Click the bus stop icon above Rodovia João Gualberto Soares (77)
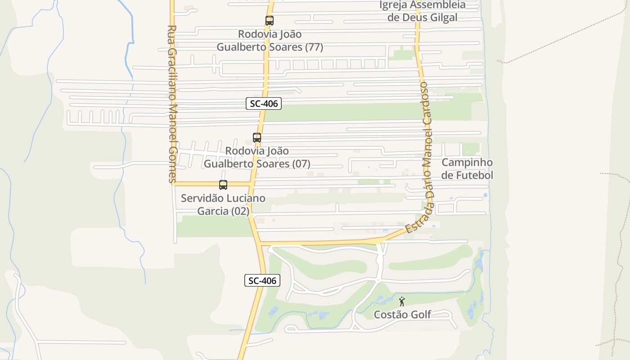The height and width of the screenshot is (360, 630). (x=269, y=21)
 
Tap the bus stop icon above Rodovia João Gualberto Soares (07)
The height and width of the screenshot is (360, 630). (x=257, y=138)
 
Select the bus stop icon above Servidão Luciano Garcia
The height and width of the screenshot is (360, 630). (x=223, y=184)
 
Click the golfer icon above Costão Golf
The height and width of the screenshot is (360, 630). (x=402, y=301)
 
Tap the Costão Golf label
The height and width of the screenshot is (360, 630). (x=403, y=315)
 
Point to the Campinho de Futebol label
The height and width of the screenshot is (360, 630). (x=467, y=169)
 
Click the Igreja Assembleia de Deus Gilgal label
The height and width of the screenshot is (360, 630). (x=423, y=11)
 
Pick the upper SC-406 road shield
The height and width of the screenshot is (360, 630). (x=264, y=103)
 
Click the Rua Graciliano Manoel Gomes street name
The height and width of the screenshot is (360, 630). (x=172, y=103)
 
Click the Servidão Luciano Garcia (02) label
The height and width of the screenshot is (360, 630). (x=223, y=205)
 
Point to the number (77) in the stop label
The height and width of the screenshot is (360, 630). (x=314, y=47)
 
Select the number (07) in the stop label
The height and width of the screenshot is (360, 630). (x=301, y=164)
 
